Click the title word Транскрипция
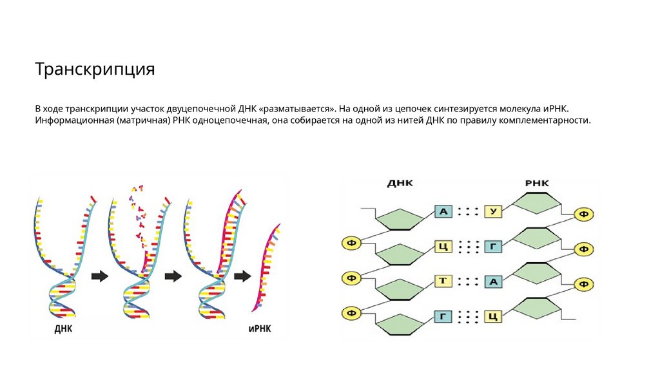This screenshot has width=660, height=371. tap(95, 70)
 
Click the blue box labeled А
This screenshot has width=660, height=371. tap(443, 211)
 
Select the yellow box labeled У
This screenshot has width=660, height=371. tap(493, 211)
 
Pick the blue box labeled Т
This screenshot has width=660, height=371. tap(443, 281)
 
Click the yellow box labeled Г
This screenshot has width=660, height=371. tap(493, 246)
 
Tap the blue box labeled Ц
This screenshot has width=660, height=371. tap(443, 246)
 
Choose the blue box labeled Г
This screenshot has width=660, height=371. tap(443, 316)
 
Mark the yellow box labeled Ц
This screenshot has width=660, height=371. tap(493, 316)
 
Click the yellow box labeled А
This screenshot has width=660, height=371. tap(493, 281)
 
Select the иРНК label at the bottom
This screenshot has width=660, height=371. tap(260, 329)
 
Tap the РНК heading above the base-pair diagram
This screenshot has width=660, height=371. tap(536, 184)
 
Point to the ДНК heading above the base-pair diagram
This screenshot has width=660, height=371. tap(400, 184)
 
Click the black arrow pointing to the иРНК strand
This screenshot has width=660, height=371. tap(242, 276)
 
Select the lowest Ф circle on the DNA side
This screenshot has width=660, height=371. tap(352, 313)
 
